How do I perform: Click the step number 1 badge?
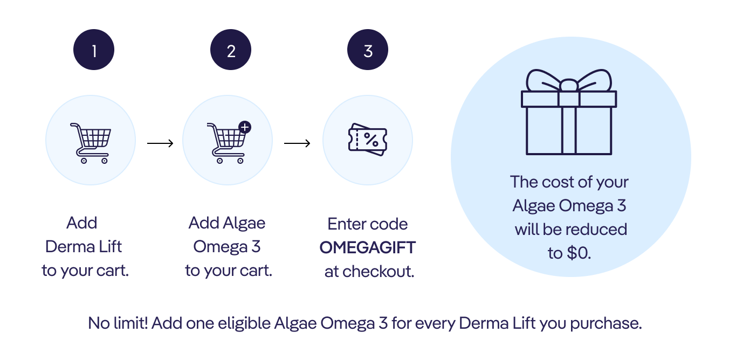(x=94, y=50)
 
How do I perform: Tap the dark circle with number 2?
(x=231, y=50)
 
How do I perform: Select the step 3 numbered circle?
(x=368, y=50)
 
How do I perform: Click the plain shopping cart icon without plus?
(x=91, y=143)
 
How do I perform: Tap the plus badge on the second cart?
(x=245, y=127)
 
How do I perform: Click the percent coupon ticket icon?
(x=368, y=140)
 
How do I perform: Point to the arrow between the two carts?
(x=160, y=143)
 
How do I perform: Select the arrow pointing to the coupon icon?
(x=297, y=143)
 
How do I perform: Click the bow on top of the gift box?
(x=569, y=81)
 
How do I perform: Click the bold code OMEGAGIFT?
(x=368, y=247)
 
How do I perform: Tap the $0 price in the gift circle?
(x=579, y=253)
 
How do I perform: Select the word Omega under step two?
(x=221, y=247)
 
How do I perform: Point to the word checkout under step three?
(x=378, y=271)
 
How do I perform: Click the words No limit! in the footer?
(x=118, y=323)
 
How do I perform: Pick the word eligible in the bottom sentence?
(x=244, y=323)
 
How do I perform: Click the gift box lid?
(x=569, y=99)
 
